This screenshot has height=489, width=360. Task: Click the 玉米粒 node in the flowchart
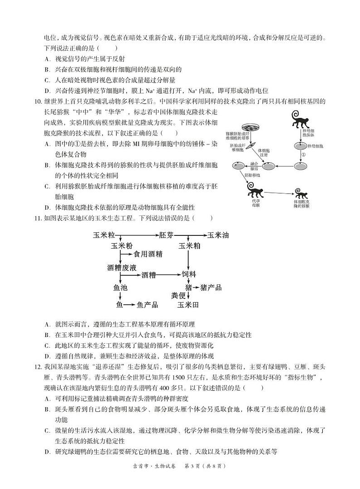coord(104,235)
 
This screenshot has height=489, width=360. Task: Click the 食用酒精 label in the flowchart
coord(148,254)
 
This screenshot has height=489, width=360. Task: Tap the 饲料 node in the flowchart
coord(189,274)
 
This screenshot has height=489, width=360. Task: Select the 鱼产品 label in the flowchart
coord(147,305)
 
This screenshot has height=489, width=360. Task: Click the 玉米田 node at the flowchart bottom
coord(188,305)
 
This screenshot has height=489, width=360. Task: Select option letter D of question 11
coord(47,356)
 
